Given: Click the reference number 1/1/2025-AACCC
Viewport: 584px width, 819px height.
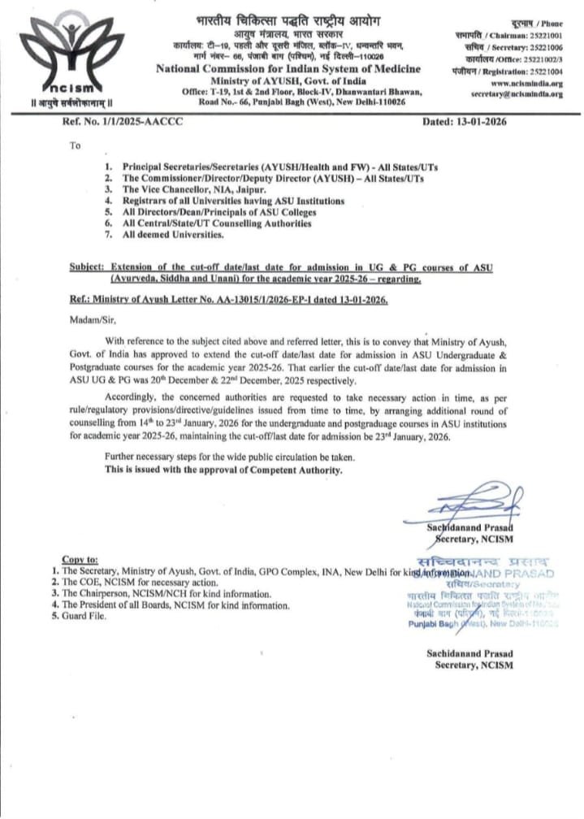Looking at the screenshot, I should click(113, 122).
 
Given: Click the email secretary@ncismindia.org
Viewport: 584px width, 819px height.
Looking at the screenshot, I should click(517, 94).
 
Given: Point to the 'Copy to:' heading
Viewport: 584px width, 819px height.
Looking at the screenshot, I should click(80, 559).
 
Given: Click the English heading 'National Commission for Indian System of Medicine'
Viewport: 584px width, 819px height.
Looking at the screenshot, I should click(288, 68).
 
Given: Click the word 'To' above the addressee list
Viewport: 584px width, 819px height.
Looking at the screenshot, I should click(76, 146).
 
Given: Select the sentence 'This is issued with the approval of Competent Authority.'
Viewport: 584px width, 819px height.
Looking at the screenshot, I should click(223, 470).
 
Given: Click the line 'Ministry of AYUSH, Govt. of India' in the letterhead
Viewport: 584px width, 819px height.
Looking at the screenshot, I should click(288, 81).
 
